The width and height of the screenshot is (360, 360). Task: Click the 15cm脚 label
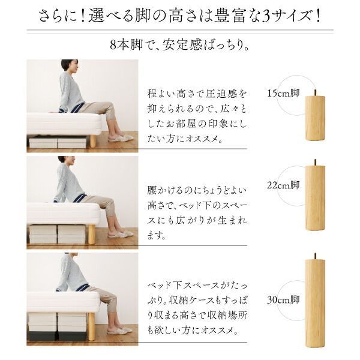(x=283, y=93)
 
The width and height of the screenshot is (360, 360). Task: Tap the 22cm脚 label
(x=283, y=185)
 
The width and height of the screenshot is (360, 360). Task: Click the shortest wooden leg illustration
(x=314, y=118)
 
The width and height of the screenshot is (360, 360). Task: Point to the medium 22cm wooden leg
(x=314, y=197)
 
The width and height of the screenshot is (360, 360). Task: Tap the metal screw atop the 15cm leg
(x=314, y=92)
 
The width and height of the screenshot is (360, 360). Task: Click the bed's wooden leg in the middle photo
(x=92, y=233)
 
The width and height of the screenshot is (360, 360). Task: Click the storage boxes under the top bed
(x=58, y=142)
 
